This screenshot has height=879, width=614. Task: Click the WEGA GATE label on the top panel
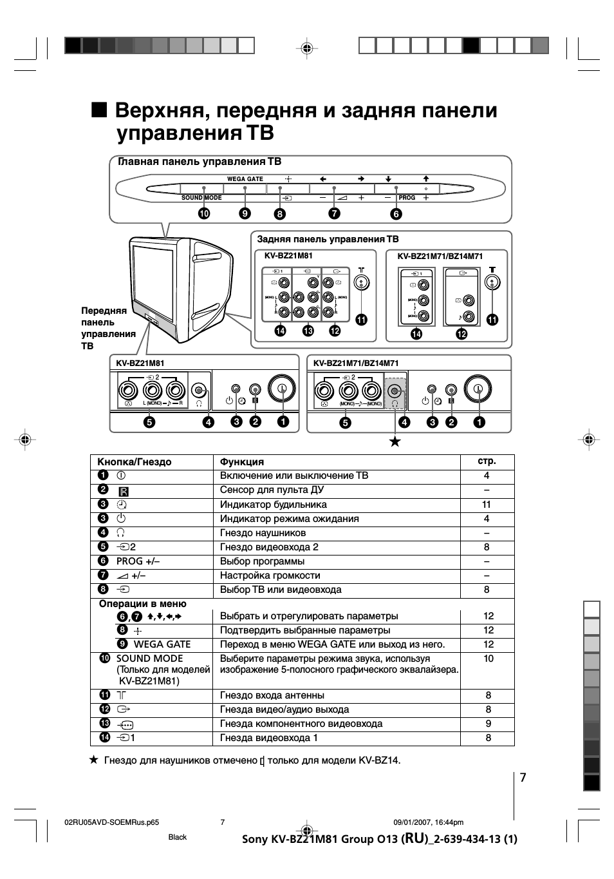[x=245, y=179]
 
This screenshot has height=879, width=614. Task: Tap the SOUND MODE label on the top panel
[x=201, y=198]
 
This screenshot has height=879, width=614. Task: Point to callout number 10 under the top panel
[x=204, y=213]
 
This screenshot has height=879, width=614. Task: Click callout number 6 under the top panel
[x=396, y=213]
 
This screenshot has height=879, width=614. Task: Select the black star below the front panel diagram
[x=395, y=442]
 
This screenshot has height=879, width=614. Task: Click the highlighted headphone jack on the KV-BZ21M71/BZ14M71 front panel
[x=394, y=391]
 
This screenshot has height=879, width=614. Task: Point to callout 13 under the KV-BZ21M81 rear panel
[x=308, y=331]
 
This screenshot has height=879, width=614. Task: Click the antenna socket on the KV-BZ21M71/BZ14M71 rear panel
[x=492, y=282]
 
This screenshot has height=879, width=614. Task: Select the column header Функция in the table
[x=242, y=462]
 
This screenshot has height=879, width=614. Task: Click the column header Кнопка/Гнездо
[x=134, y=462]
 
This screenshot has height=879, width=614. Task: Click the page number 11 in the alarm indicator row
[x=487, y=505]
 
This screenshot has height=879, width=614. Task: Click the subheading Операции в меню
[x=142, y=604]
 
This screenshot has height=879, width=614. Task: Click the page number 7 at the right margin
[x=523, y=778]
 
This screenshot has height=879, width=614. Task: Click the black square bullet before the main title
[x=99, y=110]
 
